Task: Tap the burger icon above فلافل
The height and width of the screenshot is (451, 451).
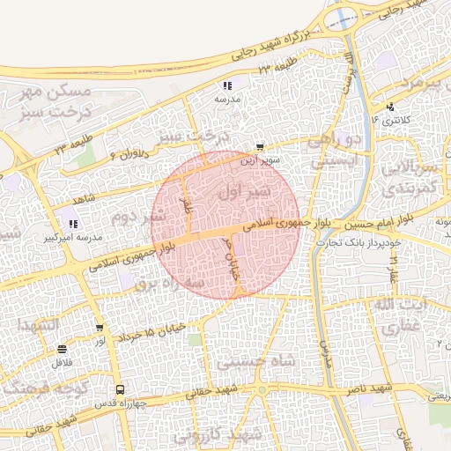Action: tap(61, 349)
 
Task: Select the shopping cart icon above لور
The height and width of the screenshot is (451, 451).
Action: tap(100, 329)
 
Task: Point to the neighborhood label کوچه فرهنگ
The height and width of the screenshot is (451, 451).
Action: tap(41, 385)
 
